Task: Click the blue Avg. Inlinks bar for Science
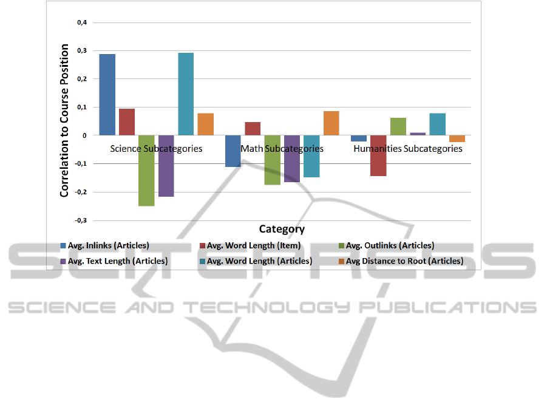(x=107, y=95)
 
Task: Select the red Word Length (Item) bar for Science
(x=127, y=122)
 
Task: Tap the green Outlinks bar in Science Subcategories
(x=146, y=171)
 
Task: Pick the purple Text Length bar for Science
(x=166, y=166)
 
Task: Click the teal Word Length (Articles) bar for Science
(x=186, y=94)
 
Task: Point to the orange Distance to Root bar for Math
(x=331, y=123)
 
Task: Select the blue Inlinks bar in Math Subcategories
(x=233, y=151)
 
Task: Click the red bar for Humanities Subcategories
(x=378, y=155)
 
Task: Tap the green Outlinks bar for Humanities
(x=398, y=126)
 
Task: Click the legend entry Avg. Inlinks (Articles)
(x=104, y=246)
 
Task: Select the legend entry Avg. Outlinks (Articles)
(x=386, y=246)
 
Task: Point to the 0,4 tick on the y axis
(x=81, y=23)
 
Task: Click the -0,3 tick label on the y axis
(x=80, y=220)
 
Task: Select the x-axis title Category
(x=282, y=229)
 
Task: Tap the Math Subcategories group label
(x=282, y=149)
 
